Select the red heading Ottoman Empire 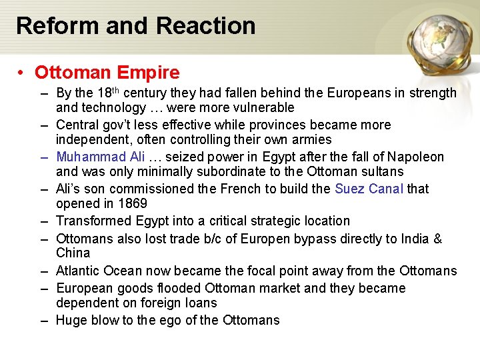pyautogui.click(x=107, y=72)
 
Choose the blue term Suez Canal pyautogui.click(x=369, y=189)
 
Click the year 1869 pyautogui.click(x=133, y=203)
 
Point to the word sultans pyautogui.click(x=380, y=171)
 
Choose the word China pyautogui.click(x=73, y=253)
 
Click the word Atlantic pyautogui.click(x=77, y=271)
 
